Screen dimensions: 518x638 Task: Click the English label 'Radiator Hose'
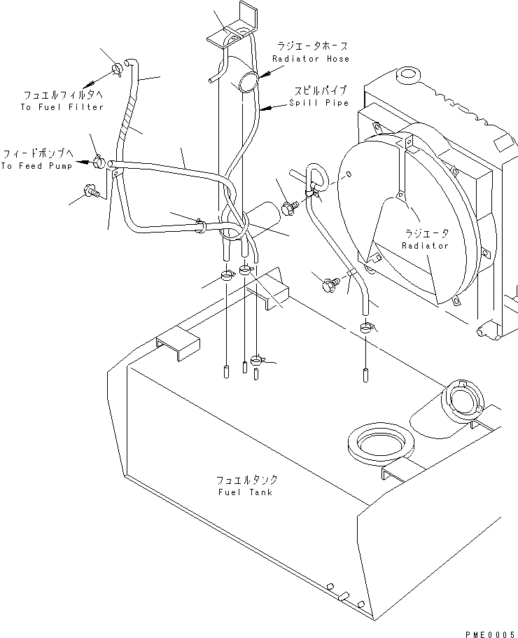point(311,59)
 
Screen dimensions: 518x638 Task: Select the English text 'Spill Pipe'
point(319,102)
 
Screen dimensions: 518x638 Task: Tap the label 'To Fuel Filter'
point(62,107)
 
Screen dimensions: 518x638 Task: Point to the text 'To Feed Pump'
point(36,166)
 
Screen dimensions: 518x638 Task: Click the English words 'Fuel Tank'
point(245,492)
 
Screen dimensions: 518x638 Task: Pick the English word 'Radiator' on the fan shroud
point(425,245)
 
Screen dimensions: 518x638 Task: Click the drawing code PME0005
point(491,634)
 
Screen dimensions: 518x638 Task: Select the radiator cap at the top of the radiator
point(406,74)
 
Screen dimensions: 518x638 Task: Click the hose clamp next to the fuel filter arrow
point(116,69)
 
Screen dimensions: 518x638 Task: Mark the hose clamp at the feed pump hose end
point(99,162)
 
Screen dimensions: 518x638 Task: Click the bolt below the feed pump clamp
point(91,191)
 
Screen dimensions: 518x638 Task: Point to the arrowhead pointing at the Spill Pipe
point(265,109)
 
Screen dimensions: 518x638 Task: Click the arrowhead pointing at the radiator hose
point(265,76)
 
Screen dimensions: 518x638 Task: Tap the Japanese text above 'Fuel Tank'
point(246,480)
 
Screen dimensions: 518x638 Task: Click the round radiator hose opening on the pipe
point(248,82)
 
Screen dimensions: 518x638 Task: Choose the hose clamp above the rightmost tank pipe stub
point(366,327)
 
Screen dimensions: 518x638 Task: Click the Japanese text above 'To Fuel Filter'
point(64,95)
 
